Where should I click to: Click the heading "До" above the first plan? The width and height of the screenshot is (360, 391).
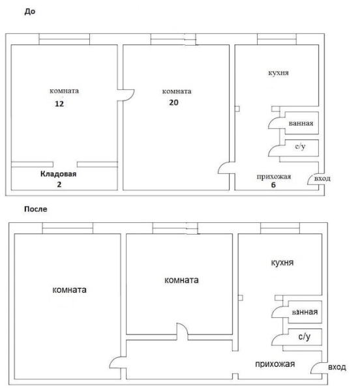pyautogui.click(x=30, y=12)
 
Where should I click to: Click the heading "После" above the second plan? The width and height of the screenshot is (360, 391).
pyautogui.click(x=36, y=209)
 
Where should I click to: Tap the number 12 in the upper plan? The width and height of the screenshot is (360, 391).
pyautogui.click(x=59, y=104)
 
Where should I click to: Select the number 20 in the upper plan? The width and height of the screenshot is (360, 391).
pyautogui.click(x=173, y=102)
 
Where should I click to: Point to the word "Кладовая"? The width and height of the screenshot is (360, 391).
pyautogui.click(x=59, y=174)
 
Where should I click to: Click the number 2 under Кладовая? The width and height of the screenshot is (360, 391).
pyautogui.click(x=59, y=184)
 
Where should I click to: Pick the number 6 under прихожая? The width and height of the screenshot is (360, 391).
pyautogui.click(x=273, y=185)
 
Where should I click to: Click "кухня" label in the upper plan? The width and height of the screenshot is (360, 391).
pyautogui.click(x=278, y=73)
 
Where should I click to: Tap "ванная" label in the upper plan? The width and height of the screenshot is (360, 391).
pyautogui.click(x=301, y=123)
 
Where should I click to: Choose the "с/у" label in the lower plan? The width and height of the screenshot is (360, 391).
pyautogui.click(x=305, y=337)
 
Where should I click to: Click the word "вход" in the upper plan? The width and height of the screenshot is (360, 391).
pyautogui.click(x=322, y=179)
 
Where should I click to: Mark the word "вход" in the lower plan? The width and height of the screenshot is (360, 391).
pyautogui.click(x=337, y=367)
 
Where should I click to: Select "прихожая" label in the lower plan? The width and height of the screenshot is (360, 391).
pyautogui.click(x=275, y=364)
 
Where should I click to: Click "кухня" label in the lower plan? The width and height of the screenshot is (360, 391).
pyautogui.click(x=282, y=263)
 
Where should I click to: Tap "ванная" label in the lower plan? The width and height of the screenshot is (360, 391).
pyautogui.click(x=305, y=312)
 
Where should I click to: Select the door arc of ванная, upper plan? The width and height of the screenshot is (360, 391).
pyautogui.click(x=271, y=121)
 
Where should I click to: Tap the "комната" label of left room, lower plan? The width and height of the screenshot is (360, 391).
pyautogui.click(x=69, y=290)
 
